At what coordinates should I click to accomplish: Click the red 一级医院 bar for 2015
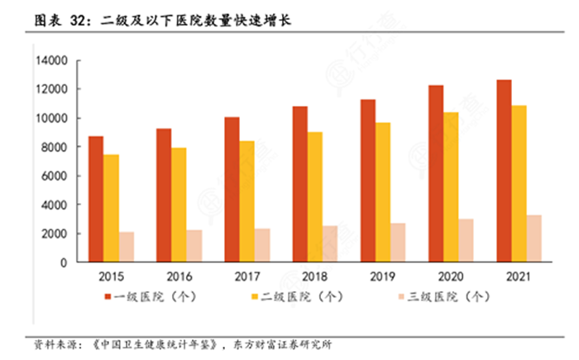[97, 199]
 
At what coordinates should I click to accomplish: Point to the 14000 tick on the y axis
[51, 60]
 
